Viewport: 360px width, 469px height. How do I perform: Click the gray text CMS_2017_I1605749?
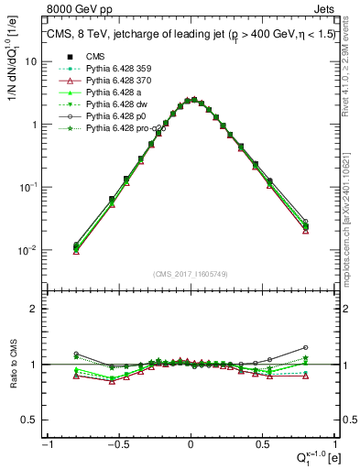pyautogui.click(x=190, y=273)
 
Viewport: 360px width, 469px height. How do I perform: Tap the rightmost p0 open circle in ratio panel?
pyautogui.click(x=305, y=348)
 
